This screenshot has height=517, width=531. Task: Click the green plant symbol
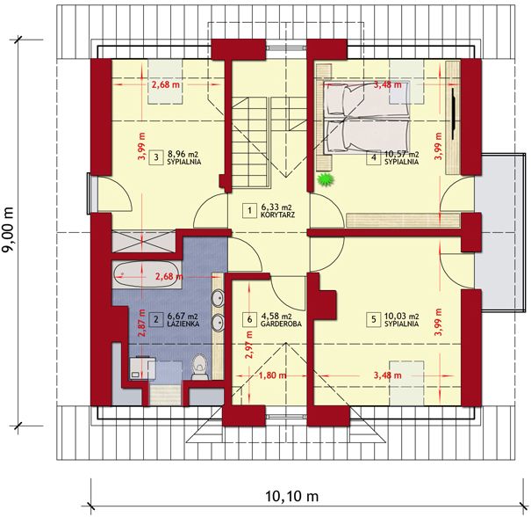[x=326, y=179]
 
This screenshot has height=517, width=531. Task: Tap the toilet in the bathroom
[x=200, y=367]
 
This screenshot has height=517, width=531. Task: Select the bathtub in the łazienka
[x=144, y=275]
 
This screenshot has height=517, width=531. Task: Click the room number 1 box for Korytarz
[x=249, y=210]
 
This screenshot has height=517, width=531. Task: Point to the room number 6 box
[x=249, y=319]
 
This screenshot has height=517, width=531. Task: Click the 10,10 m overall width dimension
[x=291, y=496]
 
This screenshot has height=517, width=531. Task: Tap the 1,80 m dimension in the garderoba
[x=273, y=375]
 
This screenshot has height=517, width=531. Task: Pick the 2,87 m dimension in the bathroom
[x=142, y=323]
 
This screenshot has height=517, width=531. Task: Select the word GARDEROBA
[x=281, y=324]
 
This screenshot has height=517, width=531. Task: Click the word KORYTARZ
[x=277, y=215]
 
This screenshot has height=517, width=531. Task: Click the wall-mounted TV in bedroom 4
[x=454, y=113]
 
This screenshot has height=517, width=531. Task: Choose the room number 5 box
[x=374, y=319]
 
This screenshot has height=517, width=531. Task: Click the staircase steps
[x=251, y=142]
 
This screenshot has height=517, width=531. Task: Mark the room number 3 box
[x=155, y=157]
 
